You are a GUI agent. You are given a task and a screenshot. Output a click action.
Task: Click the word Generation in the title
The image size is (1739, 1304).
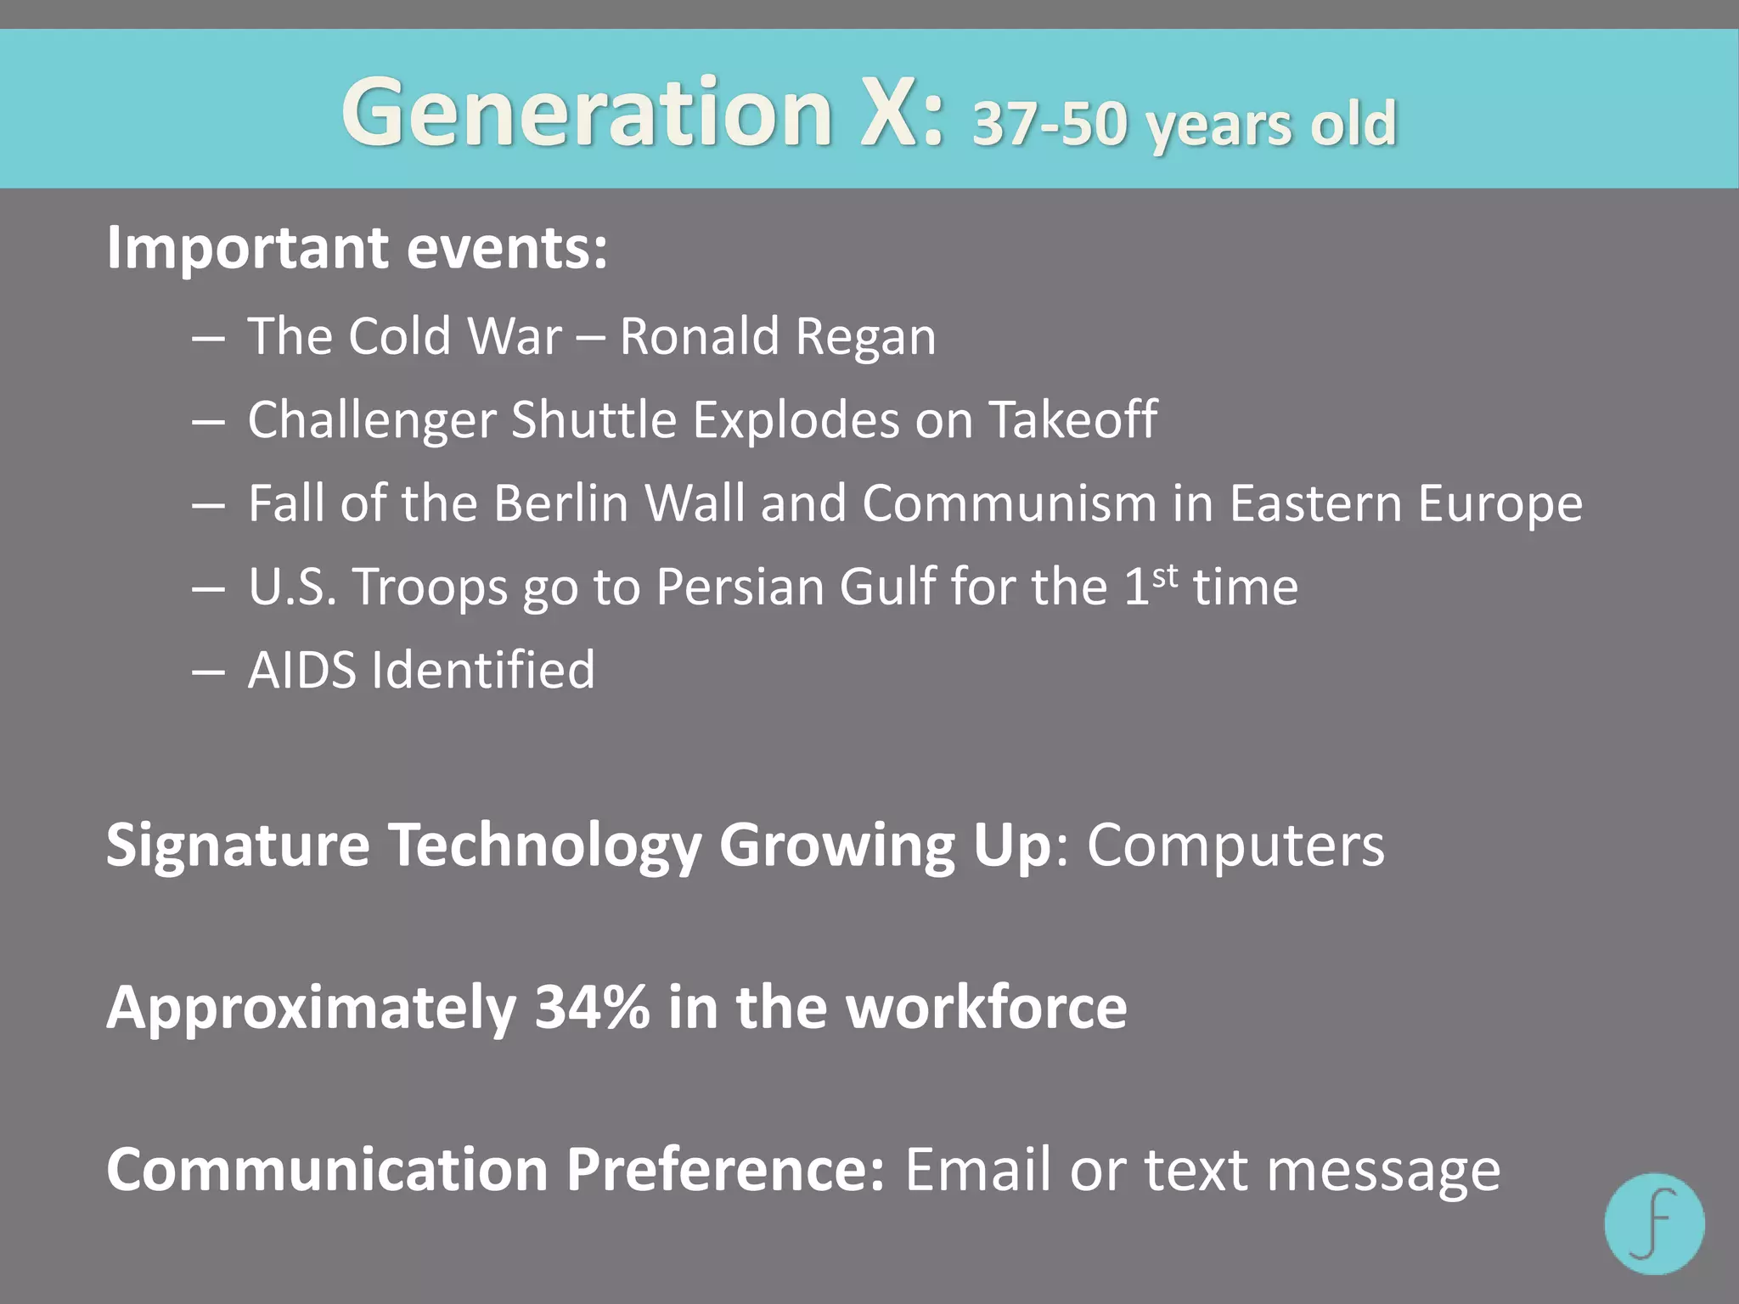(586, 113)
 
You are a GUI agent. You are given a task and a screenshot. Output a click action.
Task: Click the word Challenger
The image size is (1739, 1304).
(372, 420)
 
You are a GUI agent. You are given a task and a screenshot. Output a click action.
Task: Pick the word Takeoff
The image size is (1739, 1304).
(1072, 419)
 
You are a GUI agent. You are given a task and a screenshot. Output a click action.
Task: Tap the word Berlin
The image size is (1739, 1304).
(561, 503)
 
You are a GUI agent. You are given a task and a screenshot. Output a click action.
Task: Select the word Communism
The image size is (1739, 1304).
(1010, 503)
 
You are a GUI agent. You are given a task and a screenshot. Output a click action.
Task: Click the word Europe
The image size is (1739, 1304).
(1500, 504)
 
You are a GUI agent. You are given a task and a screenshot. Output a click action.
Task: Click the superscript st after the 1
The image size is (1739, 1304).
(1165, 576)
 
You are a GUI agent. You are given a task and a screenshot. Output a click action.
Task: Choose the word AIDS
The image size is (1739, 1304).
(302, 670)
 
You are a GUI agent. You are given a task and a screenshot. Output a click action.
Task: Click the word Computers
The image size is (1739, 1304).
(1235, 846)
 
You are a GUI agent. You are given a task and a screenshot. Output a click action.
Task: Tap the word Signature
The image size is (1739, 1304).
(238, 847)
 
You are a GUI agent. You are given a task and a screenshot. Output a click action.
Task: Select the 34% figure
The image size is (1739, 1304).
(592, 1008)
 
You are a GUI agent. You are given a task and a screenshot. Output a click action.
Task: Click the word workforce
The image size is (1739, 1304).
(987, 1008)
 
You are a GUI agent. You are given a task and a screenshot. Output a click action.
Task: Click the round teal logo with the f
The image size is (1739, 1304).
(1654, 1223)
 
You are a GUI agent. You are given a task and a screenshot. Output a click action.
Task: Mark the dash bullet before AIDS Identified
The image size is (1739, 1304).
(208, 672)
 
